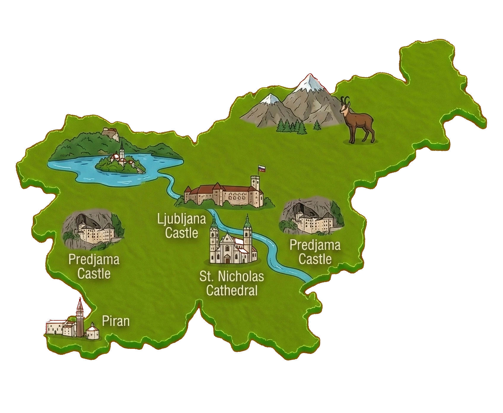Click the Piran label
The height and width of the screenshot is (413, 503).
[x=116, y=321]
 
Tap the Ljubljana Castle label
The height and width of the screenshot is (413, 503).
[x=182, y=226]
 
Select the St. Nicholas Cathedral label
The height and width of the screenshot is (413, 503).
[x=232, y=284]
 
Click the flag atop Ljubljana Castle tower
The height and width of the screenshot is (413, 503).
[x=261, y=169]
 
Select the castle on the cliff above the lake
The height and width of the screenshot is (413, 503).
[x=110, y=134]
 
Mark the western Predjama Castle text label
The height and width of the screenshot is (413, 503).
[x=94, y=266]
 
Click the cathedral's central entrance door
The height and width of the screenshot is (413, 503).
[x=227, y=260]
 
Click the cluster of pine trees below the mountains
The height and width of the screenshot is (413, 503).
[x=292, y=126]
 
